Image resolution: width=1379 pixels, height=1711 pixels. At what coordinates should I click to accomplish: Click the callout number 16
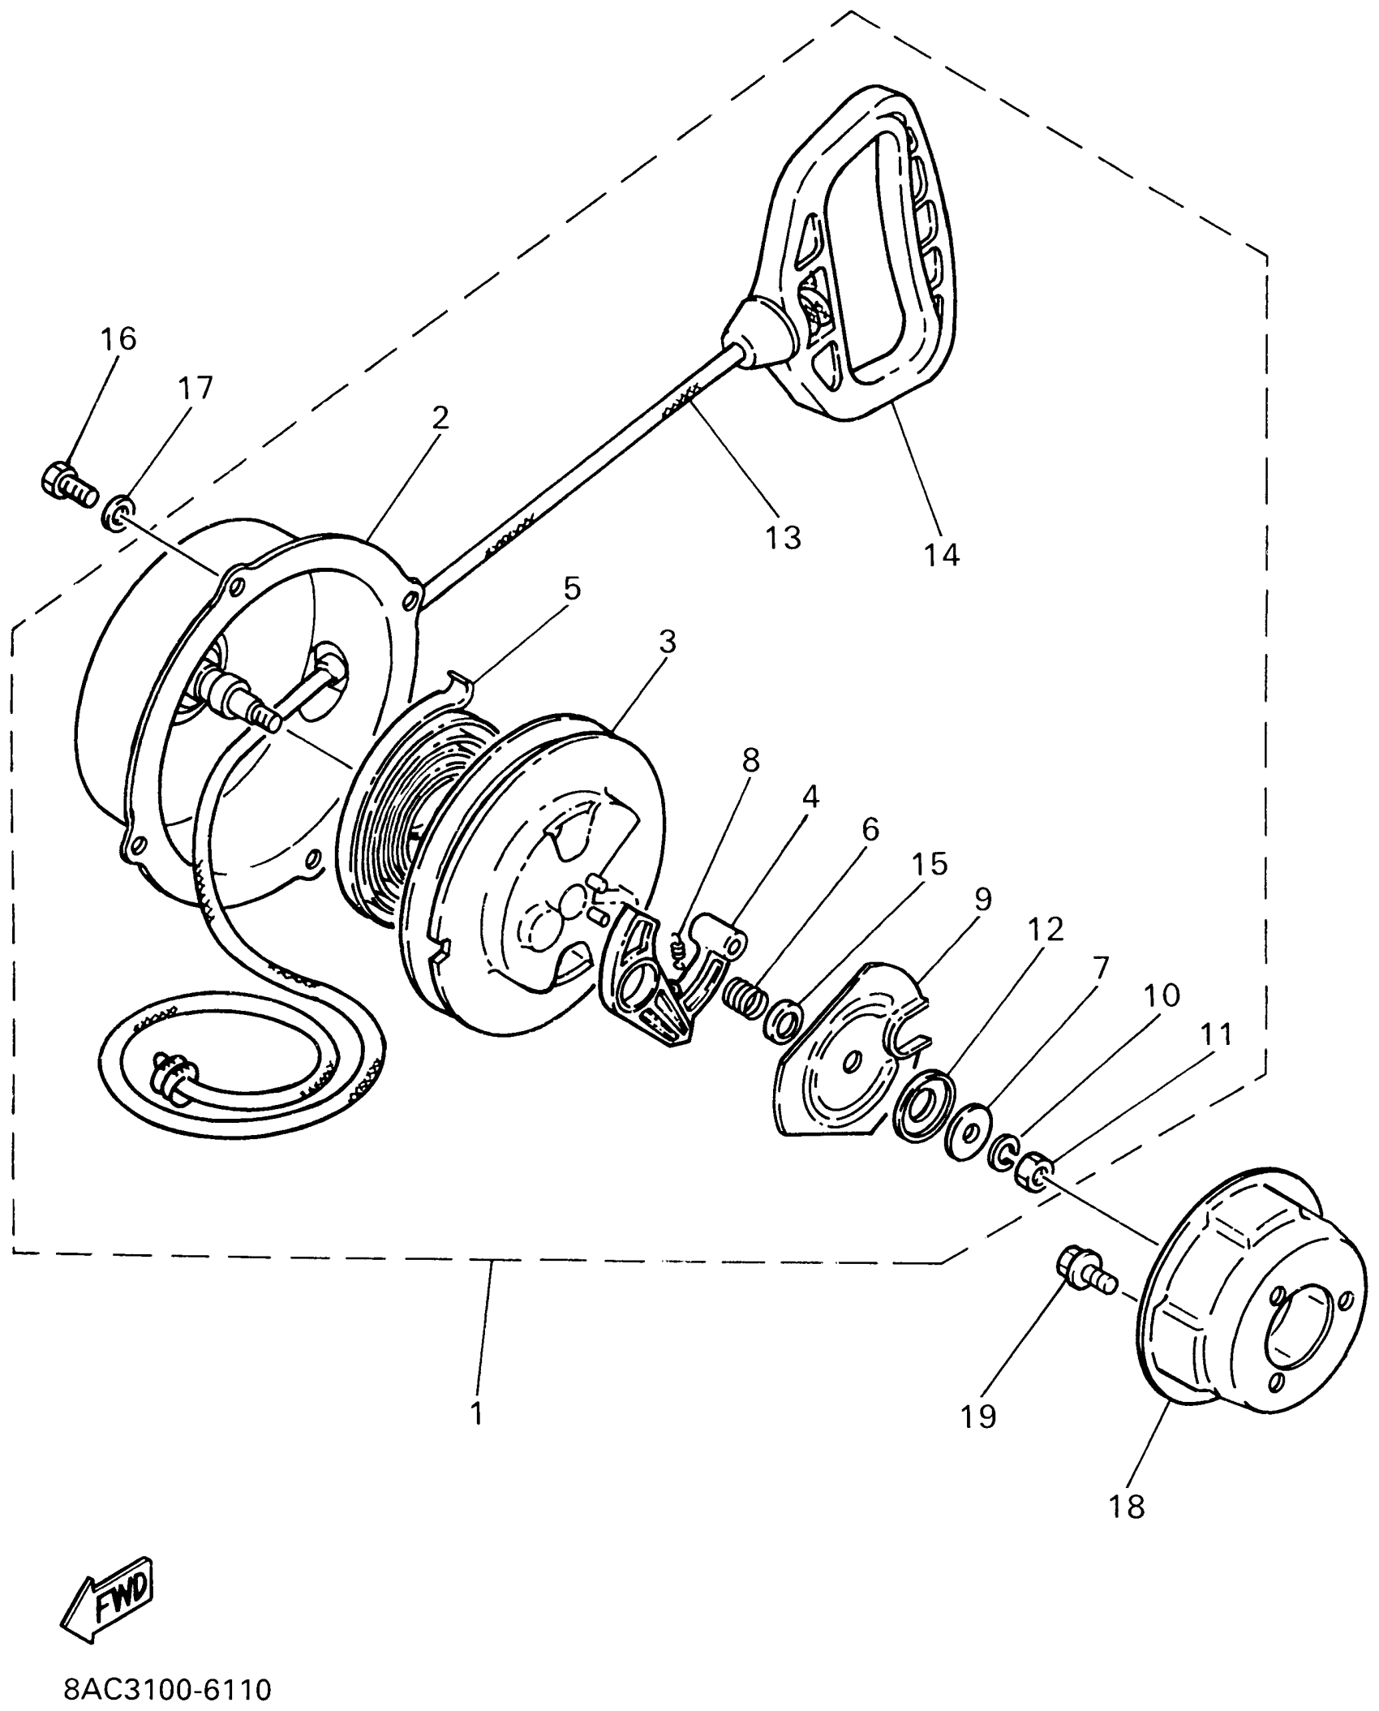(x=118, y=338)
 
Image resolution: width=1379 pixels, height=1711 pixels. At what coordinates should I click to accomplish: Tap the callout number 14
(x=941, y=555)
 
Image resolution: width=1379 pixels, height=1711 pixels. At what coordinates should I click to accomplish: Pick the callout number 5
(x=573, y=588)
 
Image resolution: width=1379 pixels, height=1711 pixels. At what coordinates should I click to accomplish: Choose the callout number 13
(x=784, y=536)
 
